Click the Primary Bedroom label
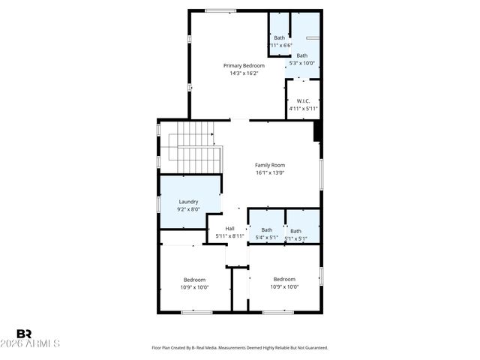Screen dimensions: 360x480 click(x=244, y=65)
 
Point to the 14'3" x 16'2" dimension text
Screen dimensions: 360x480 click(x=244, y=73)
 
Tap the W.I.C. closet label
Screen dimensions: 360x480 click(x=303, y=100)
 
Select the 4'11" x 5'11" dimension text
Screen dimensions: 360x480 click(x=303, y=109)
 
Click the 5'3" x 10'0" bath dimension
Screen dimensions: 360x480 click(x=301, y=64)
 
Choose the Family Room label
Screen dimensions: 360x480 click(x=270, y=165)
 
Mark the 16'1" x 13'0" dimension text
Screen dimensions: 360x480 click(x=270, y=173)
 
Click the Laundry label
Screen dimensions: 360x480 click(x=188, y=201)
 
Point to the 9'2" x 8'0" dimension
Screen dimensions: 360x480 click(x=188, y=209)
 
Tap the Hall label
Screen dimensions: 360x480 click(x=230, y=228)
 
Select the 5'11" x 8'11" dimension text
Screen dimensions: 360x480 click(x=230, y=236)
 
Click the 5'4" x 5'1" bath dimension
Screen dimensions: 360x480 click(x=266, y=238)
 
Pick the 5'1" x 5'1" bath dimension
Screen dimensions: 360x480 click(x=295, y=239)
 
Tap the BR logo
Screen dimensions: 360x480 click(x=24, y=334)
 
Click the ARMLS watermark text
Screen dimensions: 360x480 click(x=37, y=343)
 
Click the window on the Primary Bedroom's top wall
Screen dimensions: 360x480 click(x=220, y=10)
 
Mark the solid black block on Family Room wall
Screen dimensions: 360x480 click(x=317, y=131)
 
